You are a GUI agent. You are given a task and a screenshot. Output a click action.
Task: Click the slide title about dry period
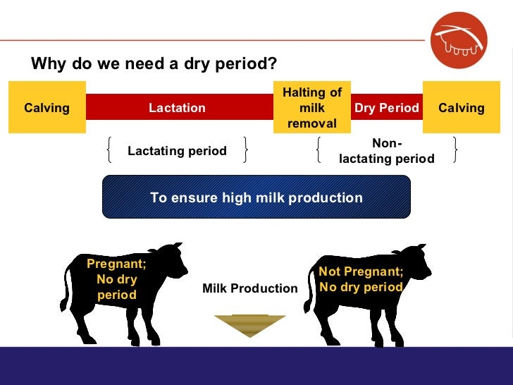tap(154, 64)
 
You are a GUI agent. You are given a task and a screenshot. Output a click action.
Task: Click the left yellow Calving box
tap(47, 108)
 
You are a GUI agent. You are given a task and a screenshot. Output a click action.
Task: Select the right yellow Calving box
tap(461, 108)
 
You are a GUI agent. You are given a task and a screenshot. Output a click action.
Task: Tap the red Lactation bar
tap(177, 108)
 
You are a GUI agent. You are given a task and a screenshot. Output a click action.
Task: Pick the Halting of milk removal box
tap(311, 108)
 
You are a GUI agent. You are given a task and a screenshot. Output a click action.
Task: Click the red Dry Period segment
tap(386, 108)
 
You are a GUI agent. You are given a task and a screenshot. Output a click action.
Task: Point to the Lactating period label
tap(177, 151)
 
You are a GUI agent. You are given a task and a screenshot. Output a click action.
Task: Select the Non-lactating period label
tap(387, 152)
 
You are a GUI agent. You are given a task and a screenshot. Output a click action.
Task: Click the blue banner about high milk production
tap(256, 197)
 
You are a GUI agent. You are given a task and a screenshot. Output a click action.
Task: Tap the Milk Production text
tap(250, 288)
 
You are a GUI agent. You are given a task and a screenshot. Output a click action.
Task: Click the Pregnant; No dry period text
tap(116, 279)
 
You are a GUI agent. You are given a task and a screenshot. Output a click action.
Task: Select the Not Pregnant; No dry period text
tap(361, 279)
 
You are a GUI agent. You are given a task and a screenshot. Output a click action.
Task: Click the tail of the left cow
tap(64, 296)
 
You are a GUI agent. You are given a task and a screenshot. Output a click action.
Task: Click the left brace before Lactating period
tap(111, 150)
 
